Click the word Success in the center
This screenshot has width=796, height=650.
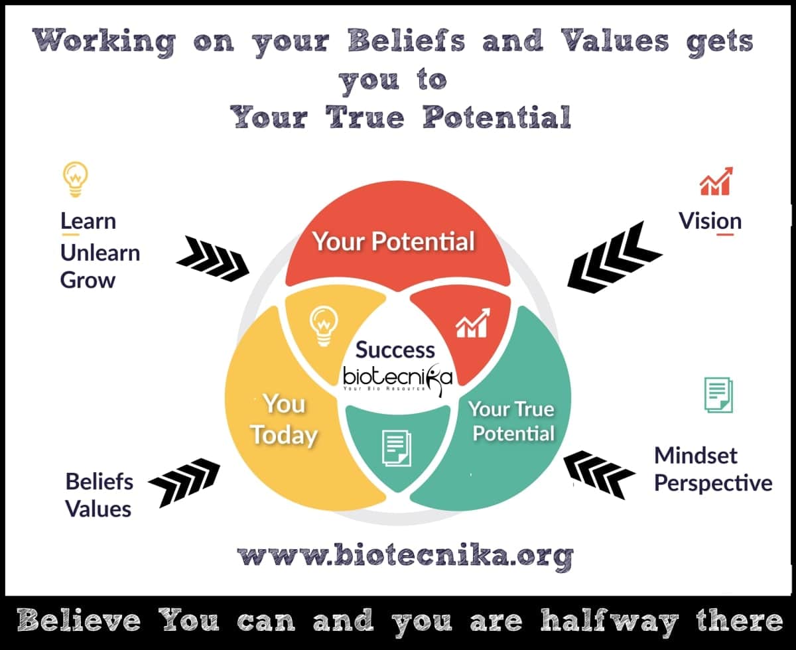click(395, 350)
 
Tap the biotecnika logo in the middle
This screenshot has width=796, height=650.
click(397, 379)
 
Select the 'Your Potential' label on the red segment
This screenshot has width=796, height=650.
click(393, 241)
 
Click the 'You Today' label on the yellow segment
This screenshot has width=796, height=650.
click(284, 419)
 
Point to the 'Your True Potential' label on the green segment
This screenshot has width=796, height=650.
click(512, 421)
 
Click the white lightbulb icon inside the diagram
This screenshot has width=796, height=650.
click(324, 326)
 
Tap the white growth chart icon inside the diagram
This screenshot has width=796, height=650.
click(473, 323)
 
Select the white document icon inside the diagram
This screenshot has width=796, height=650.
click(397, 448)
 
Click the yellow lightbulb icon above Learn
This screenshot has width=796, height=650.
click(76, 179)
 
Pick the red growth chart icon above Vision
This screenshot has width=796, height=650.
click(716, 181)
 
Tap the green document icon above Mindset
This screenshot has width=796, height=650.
click(718, 395)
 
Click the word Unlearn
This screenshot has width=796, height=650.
click(100, 253)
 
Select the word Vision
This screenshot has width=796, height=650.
click(710, 221)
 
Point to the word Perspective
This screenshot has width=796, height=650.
click(713, 483)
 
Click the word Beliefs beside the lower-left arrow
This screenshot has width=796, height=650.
click(99, 482)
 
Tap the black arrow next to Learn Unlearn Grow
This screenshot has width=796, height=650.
click(213, 259)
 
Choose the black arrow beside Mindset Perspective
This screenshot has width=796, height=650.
click(600, 474)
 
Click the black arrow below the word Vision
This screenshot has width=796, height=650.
click(614, 257)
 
